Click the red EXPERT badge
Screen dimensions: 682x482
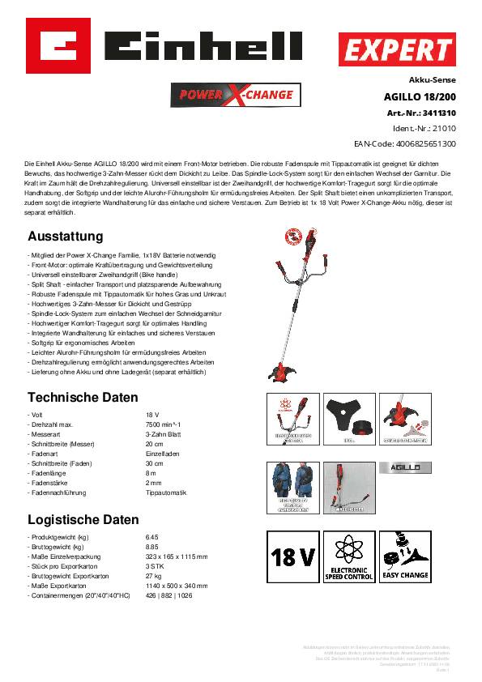tap(396, 51)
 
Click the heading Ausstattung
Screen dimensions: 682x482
tap(66, 237)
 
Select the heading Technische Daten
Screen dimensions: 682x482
tap(83, 398)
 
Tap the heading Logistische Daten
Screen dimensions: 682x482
tap(83, 519)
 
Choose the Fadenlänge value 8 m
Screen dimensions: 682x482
tap(151, 473)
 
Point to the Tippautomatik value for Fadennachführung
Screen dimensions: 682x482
tap(165, 492)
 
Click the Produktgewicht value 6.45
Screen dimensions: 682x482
tap(152, 537)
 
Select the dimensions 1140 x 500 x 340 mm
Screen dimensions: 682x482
tap(177, 585)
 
